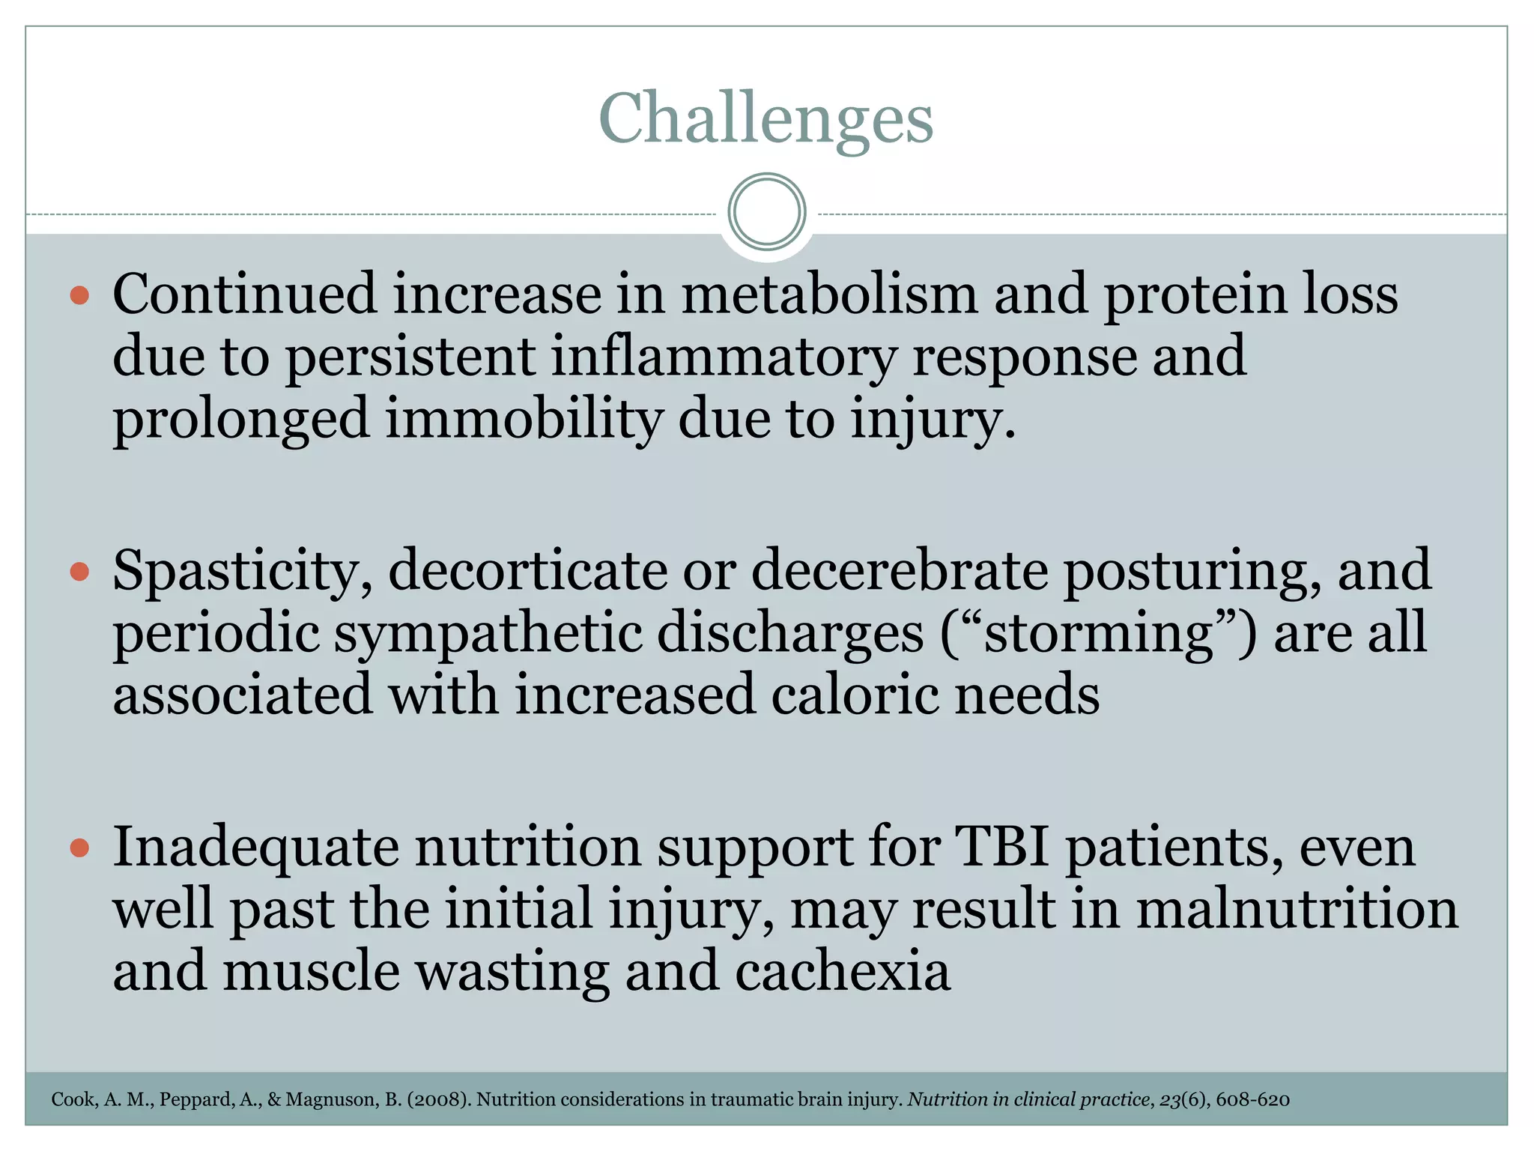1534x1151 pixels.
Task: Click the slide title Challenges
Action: coord(766,118)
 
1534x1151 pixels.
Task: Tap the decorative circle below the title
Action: coord(766,211)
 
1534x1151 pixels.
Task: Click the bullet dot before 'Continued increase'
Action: coord(79,294)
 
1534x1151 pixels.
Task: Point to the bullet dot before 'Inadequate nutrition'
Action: coord(79,848)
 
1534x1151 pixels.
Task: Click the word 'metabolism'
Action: coord(829,294)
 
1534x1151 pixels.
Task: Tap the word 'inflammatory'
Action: coord(724,356)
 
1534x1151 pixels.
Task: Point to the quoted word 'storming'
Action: coord(1097,633)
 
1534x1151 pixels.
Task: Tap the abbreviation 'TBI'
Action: coord(1001,847)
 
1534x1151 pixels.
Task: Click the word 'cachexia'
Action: coord(843,971)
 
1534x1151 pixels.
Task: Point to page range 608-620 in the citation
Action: coord(1252,1099)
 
